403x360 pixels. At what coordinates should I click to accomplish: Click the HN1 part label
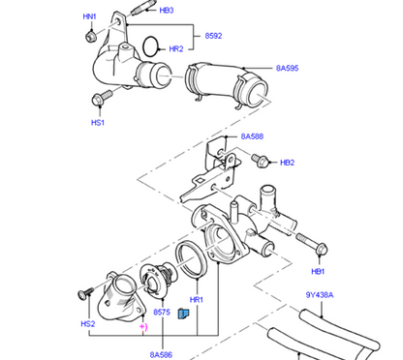click(x=89, y=16)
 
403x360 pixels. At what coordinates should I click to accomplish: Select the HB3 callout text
click(x=167, y=11)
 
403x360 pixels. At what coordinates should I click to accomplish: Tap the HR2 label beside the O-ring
click(x=175, y=48)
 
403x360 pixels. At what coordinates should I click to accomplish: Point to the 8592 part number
click(x=213, y=36)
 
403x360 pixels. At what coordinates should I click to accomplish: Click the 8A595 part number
click(x=288, y=68)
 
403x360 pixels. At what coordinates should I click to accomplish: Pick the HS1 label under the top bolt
click(x=98, y=123)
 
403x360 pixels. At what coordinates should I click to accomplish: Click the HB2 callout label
click(x=287, y=162)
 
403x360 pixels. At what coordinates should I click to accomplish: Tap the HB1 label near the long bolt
click(x=319, y=272)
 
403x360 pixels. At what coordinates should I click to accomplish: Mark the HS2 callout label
click(x=88, y=324)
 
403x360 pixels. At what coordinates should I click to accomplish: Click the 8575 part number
click(x=162, y=314)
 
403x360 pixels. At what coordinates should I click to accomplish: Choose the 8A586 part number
click(x=162, y=355)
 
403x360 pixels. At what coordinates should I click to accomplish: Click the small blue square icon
click(x=181, y=312)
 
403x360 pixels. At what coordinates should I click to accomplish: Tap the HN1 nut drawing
click(x=89, y=35)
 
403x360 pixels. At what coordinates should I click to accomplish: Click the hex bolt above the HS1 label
click(x=98, y=100)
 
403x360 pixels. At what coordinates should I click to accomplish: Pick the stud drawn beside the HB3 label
click(x=145, y=13)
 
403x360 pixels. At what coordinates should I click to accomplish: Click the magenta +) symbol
click(x=144, y=329)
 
